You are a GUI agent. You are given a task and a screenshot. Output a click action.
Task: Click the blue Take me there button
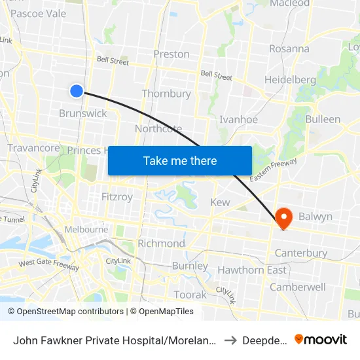180,160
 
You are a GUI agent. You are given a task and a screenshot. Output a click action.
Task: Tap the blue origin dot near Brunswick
77,91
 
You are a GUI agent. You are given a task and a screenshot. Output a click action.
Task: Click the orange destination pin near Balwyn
284,217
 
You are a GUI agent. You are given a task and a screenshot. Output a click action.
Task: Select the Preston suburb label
171,54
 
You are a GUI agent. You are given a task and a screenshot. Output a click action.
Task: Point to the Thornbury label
166,94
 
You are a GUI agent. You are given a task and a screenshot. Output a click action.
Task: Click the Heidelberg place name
290,80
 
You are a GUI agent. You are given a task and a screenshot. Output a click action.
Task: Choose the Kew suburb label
220,202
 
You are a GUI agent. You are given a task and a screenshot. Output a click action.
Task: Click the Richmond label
161,243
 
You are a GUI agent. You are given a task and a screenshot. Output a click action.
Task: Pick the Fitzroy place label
118,196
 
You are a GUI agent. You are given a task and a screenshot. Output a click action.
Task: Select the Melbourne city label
86,230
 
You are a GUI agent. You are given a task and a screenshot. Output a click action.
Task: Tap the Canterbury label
301,253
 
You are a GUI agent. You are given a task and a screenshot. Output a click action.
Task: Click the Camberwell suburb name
298,287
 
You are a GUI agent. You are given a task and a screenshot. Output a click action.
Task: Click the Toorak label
190,295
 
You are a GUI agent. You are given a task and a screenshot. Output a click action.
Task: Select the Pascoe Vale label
39,13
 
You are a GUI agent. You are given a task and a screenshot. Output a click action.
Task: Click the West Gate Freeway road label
48,264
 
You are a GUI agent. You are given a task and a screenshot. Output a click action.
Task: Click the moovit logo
321,339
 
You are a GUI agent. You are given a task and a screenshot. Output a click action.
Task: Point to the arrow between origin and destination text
230,340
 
